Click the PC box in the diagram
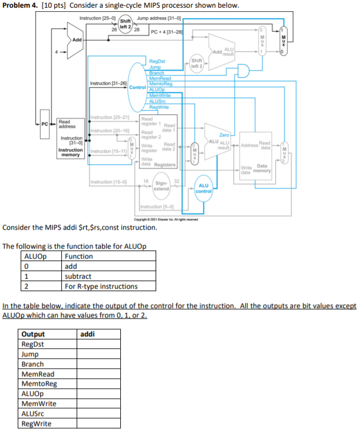tap(45, 123)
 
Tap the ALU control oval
tap(203, 187)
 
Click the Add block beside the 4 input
tap(77, 40)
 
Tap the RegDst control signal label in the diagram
tap(157, 61)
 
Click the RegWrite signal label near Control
tap(159, 107)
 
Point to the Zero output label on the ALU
tap(224, 135)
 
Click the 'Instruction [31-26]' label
tap(108, 84)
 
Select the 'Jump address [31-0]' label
tap(158, 19)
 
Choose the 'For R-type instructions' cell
tap(101, 287)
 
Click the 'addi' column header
tap(87, 335)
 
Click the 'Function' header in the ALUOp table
tap(78, 256)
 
